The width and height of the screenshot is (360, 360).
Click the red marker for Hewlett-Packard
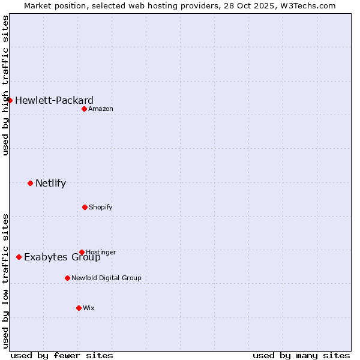coord(10,100)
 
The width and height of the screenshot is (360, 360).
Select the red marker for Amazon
coord(85,109)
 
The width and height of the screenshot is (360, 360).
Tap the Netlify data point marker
coord(31,183)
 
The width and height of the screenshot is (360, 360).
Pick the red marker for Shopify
coord(85,207)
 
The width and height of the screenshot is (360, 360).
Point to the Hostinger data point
coord(82,252)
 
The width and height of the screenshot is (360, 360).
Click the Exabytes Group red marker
coord(19,257)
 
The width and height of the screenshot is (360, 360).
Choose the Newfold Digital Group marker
coord(67,278)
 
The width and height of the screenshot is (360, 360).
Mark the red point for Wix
coord(79,308)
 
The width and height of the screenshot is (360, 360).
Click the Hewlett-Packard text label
coord(54,100)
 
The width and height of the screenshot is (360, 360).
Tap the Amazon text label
coord(101,109)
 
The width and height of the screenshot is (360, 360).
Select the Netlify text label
coord(50,183)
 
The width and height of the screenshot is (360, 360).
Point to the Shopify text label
coord(101,207)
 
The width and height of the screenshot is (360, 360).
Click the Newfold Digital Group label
coord(106,278)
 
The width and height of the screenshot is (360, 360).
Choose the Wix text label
coord(89,308)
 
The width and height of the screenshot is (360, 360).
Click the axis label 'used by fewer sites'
coord(62,355)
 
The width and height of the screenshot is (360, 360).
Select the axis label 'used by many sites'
coord(301,355)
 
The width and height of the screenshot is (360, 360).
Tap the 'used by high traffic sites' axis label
coord(5,86)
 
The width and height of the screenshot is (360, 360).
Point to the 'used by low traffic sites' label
coord(5,281)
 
